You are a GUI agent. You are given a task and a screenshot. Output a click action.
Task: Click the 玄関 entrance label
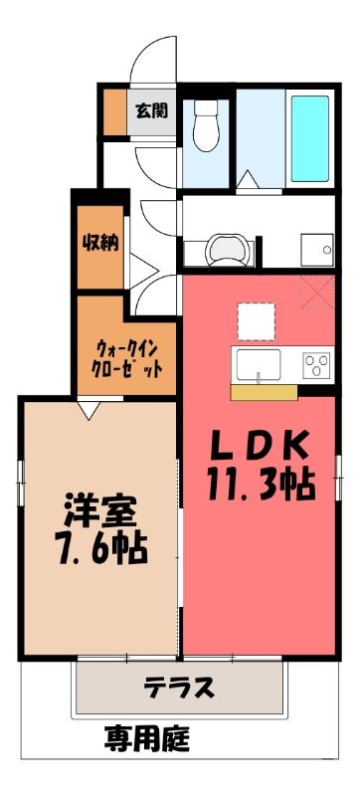click(x=151, y=110)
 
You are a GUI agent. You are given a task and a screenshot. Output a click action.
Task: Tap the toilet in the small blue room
click(x=206, y=125)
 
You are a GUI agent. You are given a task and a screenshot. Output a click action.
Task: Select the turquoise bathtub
click(x=310, y=138)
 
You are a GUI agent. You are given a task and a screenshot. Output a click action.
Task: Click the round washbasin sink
click(x=228, y=250)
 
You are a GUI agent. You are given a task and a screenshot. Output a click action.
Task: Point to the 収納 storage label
click(x=100, y=244)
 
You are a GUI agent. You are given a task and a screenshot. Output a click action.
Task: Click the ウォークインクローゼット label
click(x=126, y=359)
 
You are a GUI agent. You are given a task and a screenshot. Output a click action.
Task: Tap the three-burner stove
click(x=317, y=364)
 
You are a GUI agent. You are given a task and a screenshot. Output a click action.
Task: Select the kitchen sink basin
click(x=259, y=364)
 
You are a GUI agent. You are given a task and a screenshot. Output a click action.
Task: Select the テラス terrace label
click(x=178, y=689)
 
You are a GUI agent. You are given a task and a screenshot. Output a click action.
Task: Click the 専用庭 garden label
click(x=147, y=739)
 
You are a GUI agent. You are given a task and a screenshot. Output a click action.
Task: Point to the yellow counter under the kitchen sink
click(x=264, y=392)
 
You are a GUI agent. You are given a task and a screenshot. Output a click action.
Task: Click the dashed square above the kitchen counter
click(x=257, y=321)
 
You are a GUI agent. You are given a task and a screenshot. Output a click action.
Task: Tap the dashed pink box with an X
click(x=317, y=293)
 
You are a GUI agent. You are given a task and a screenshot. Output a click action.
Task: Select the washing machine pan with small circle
click(x=317, y=250)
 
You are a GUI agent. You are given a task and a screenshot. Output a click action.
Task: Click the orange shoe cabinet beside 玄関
click(x=115, y=112)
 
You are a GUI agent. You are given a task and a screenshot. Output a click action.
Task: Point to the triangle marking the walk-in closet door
click(x=90, y=410)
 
